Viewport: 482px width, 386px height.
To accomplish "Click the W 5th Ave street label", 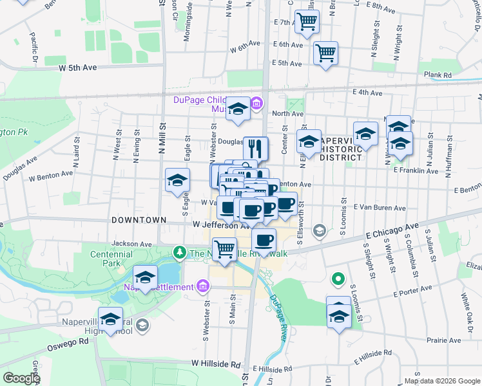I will pos(77,67).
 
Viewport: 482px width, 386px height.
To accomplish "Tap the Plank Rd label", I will pos(438,75).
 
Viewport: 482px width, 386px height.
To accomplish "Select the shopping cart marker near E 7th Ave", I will pos(307,21).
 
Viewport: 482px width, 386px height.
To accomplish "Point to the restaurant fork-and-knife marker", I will pos(256,149).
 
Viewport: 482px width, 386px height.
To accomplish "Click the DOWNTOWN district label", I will pos(139,220).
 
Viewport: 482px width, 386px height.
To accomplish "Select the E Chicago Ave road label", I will pos(391,232).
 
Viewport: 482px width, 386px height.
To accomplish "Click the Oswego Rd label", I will pos(66,342).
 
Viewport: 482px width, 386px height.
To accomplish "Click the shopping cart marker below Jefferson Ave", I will pos(224,248).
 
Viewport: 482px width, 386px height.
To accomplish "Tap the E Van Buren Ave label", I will pos(380,208).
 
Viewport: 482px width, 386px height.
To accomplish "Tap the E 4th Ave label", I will pos(368,93).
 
